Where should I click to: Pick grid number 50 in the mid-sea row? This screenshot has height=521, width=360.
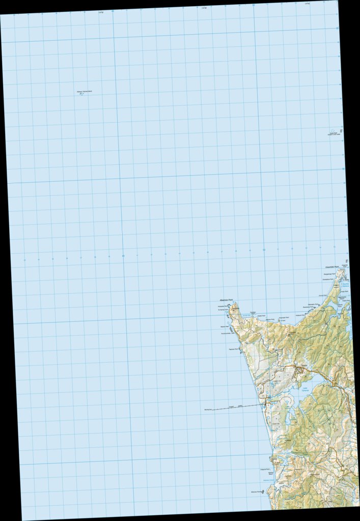(x=264, y=250)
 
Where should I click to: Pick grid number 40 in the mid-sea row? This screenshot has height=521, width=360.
(x=123, y=256)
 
